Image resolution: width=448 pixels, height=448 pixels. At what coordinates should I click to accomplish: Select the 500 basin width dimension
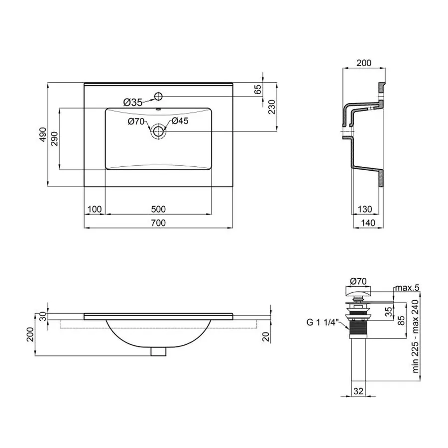pyautogui.click(x=158, y=209)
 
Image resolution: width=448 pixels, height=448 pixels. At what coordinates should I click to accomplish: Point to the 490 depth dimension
pyautogui.click(x=43, y=135)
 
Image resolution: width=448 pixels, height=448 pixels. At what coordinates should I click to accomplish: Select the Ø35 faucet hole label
pyautogui.click(x=132, y=103)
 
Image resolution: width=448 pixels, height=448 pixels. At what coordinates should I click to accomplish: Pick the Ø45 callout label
pyautogui.click(x=180, y=121)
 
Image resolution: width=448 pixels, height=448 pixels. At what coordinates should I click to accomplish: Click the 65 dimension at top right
pyautogui.click(x=258, y=90)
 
